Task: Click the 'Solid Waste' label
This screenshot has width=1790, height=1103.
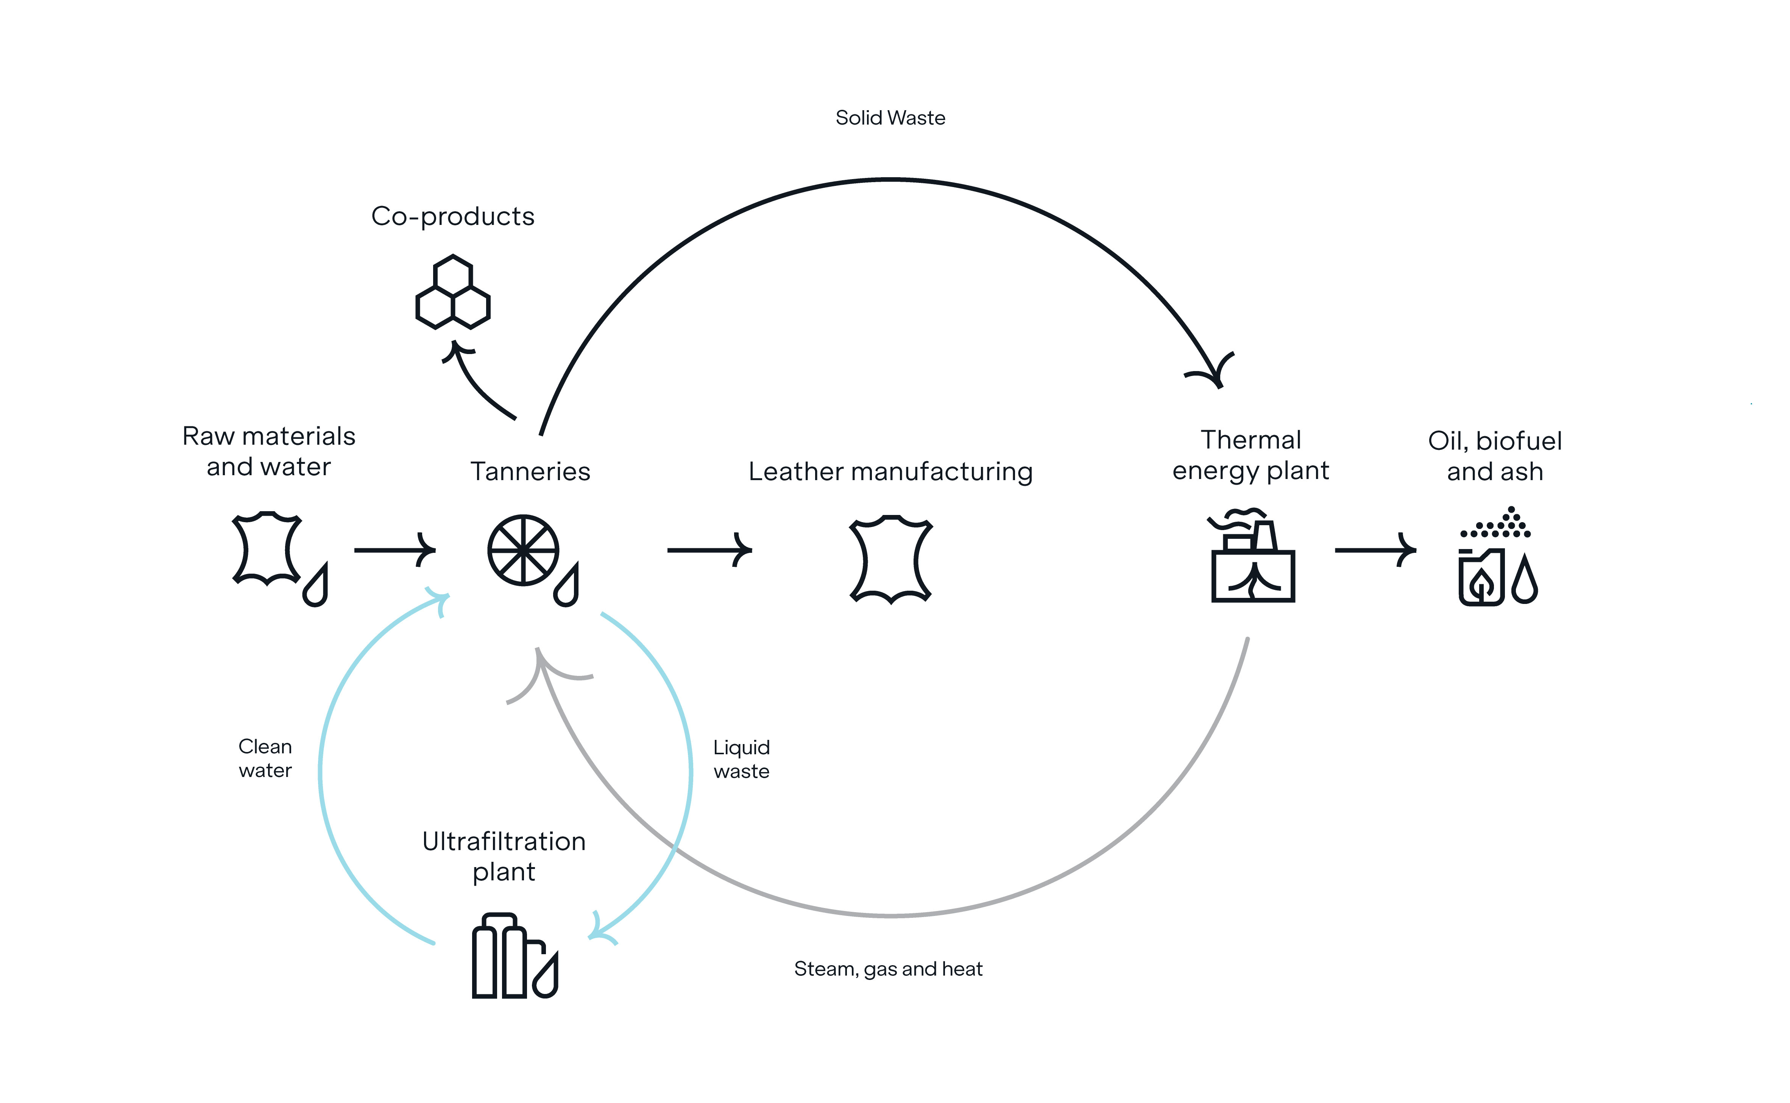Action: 890,118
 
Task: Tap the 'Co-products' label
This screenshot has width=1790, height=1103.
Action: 452,217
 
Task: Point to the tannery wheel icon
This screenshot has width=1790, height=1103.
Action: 523,550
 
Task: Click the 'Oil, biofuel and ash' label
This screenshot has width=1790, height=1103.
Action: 1495,456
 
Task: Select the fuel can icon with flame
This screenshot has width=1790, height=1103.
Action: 1481,576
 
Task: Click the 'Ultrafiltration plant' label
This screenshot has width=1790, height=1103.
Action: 503,857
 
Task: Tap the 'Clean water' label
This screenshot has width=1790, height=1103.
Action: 265,759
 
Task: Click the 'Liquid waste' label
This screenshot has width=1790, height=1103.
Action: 741,760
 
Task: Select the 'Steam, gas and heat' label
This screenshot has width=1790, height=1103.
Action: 888,969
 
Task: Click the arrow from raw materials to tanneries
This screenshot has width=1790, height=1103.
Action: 394,550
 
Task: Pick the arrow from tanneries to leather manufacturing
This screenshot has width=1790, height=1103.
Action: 709,550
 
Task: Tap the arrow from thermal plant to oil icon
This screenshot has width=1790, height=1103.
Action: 1375,550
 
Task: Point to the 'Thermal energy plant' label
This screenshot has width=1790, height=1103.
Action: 1250,455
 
